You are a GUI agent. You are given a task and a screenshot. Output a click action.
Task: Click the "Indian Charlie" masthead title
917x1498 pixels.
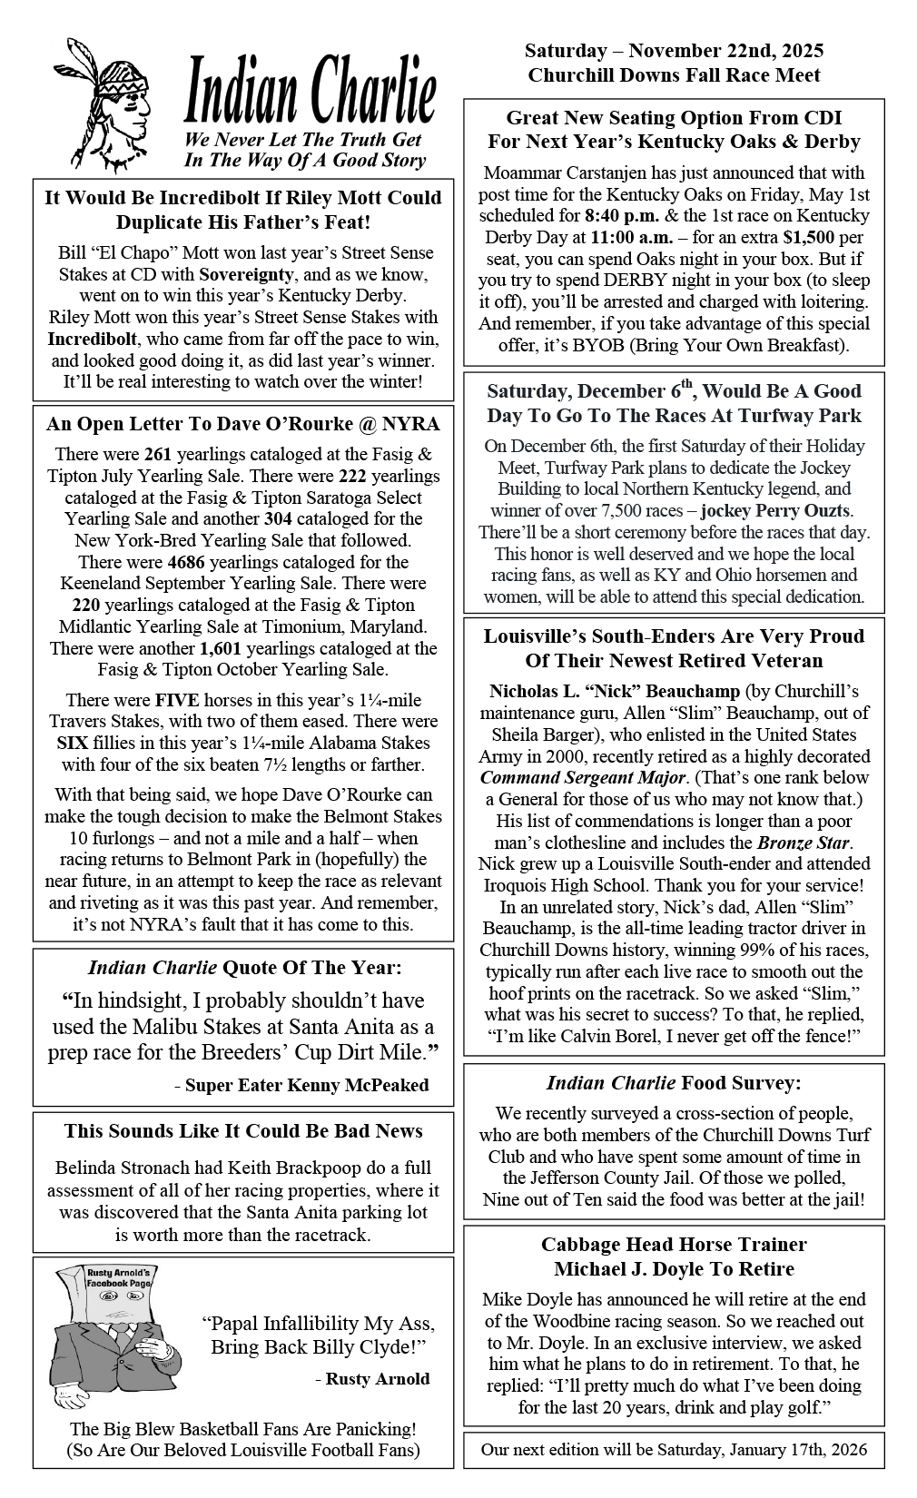click(x=311, y=90)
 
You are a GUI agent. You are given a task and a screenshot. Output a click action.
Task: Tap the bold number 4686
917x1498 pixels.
click(x=187, y=562)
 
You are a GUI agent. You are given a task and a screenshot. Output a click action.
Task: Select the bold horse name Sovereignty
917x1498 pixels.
click(x=247, y=274)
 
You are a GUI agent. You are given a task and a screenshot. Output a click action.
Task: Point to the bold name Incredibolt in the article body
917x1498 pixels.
click(x=93, y=339)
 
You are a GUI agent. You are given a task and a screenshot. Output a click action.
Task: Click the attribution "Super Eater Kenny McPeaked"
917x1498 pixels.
click(x=307, y=1085)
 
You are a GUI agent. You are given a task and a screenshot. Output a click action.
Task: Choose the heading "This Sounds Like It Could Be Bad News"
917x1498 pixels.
click(x=243, y=1130)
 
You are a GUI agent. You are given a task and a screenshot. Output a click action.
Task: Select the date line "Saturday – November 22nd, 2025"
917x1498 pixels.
click(x=674, y=51)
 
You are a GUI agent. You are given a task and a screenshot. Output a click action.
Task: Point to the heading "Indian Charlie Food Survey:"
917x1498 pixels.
click(x=674, y=1082)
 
